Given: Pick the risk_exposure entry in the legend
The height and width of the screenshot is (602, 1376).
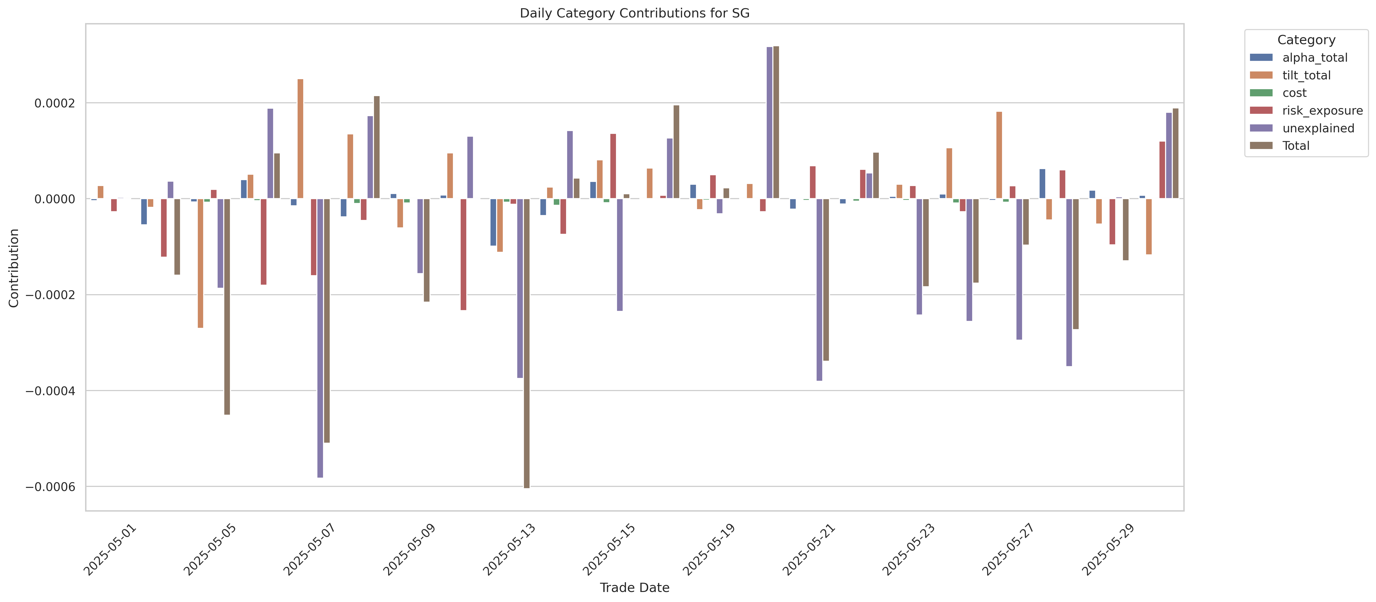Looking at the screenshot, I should click(1322, 110).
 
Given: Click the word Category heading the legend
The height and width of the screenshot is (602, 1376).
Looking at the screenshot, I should click(1306, 40).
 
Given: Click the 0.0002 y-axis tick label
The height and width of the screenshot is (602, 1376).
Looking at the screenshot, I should click(55, 103).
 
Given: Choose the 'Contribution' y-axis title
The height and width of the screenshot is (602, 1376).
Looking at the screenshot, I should click(14, 268).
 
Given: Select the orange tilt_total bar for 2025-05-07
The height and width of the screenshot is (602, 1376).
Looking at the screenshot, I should click(300, 139).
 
